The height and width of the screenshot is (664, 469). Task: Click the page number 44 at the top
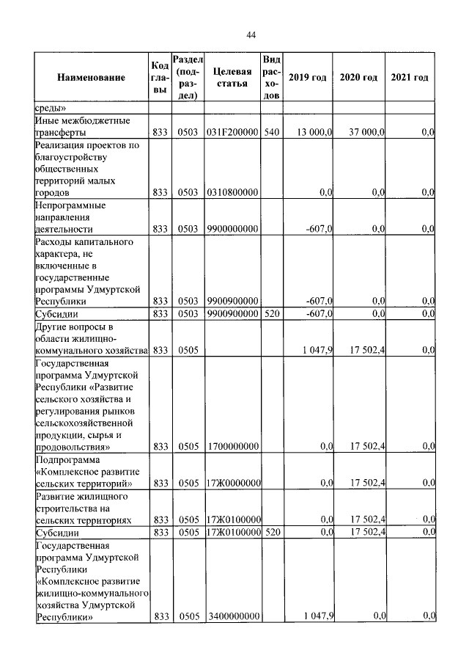point(250,35)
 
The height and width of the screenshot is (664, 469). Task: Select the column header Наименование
point(91,78)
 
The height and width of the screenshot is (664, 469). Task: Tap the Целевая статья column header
point(232,78)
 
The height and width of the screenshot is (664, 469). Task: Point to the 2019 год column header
point(307,78)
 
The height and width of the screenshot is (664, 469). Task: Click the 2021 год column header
point(410,78)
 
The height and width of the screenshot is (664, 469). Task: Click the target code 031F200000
point(232,132)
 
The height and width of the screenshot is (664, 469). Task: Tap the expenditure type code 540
point(270,132)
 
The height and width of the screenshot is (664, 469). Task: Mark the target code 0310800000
point(232,192)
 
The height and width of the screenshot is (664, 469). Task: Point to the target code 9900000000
point(232,229)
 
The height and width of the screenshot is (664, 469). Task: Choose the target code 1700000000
point(232,445)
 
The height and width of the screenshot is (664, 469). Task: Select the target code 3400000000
point(232,617)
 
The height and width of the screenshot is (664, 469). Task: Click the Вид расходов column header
point(270,78)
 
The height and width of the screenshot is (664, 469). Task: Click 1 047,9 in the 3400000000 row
point(318,617)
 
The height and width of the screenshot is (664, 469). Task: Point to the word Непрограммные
point(70,205)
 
